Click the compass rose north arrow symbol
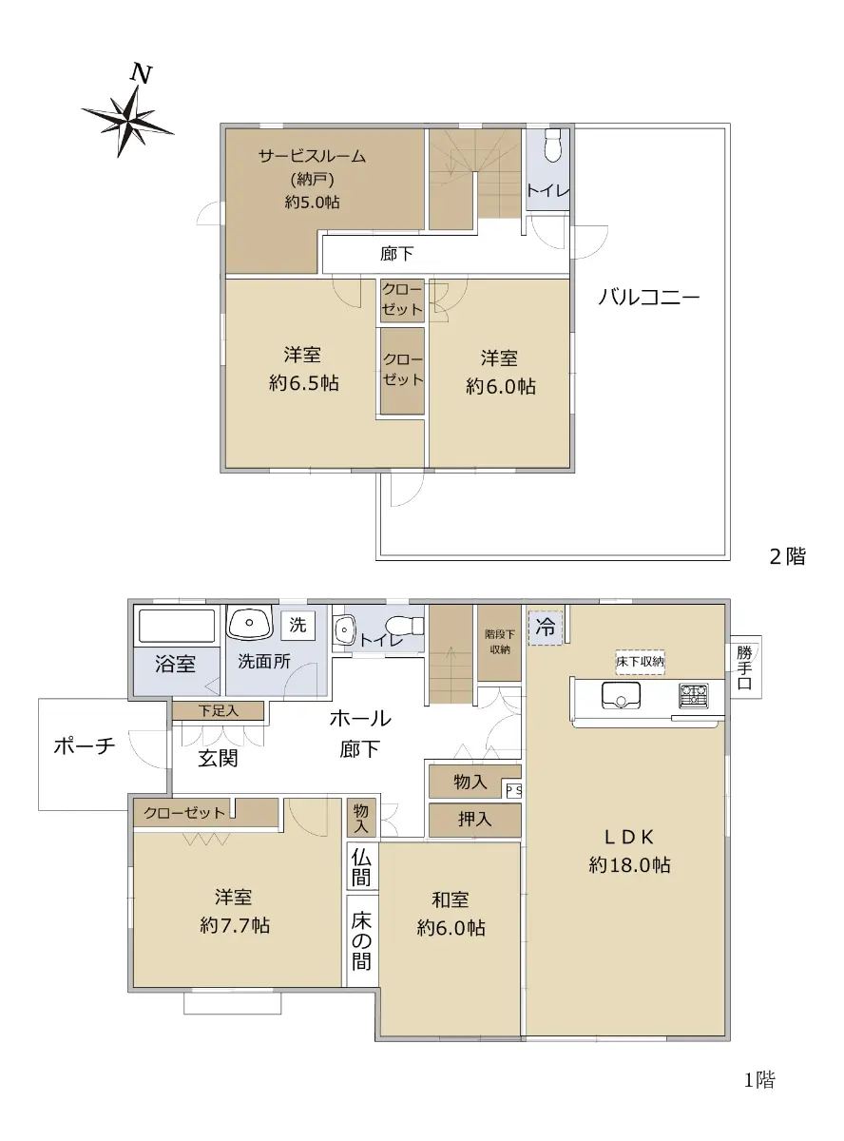pos(127,122)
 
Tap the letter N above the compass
pos(141,73)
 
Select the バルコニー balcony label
pos(648,298)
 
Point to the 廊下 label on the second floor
pos(396,254)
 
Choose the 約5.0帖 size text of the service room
pos(312,203)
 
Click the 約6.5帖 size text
pos(303,383)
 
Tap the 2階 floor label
pos(787,556)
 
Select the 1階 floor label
pos(759,1080)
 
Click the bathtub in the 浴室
pos(177,626)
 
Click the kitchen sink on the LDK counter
pos(621,695)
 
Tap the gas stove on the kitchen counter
pos(693,695)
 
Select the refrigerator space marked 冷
pos(546,628)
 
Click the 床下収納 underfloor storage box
pos(640,662)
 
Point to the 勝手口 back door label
pos(744,667)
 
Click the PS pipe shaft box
pos(514,789)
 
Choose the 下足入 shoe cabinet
pos(218,711)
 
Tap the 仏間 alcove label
pos(361,868)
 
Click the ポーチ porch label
pos(85,745)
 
